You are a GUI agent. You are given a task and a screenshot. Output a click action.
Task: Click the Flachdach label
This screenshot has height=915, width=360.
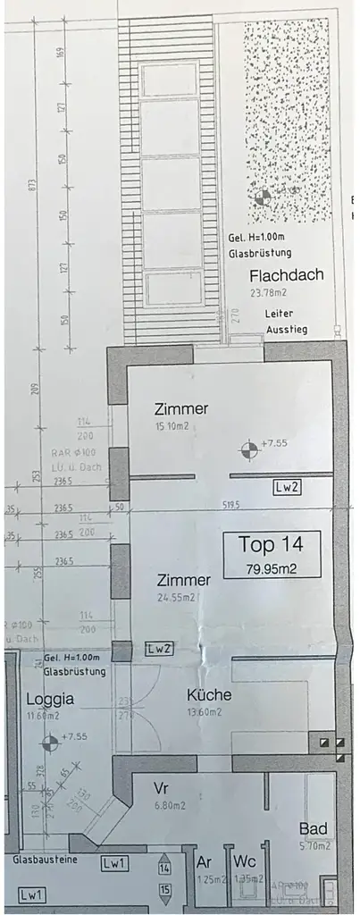(286, 275)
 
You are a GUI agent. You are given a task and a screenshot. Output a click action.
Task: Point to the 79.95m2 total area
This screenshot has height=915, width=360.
(271, 567)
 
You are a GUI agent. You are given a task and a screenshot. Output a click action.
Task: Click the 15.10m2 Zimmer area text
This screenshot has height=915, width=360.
(172, 426)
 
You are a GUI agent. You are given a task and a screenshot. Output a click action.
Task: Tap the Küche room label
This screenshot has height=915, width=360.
(209, 694)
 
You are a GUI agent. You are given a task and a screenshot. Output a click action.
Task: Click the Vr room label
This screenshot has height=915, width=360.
(162, 790)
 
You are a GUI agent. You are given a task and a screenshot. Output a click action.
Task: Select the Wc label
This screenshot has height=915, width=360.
(245, 860)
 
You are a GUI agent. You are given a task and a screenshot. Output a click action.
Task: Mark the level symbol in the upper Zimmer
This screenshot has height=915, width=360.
(247, 446)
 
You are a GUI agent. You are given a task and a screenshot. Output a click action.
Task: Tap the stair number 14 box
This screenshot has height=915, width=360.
(164, 867)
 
